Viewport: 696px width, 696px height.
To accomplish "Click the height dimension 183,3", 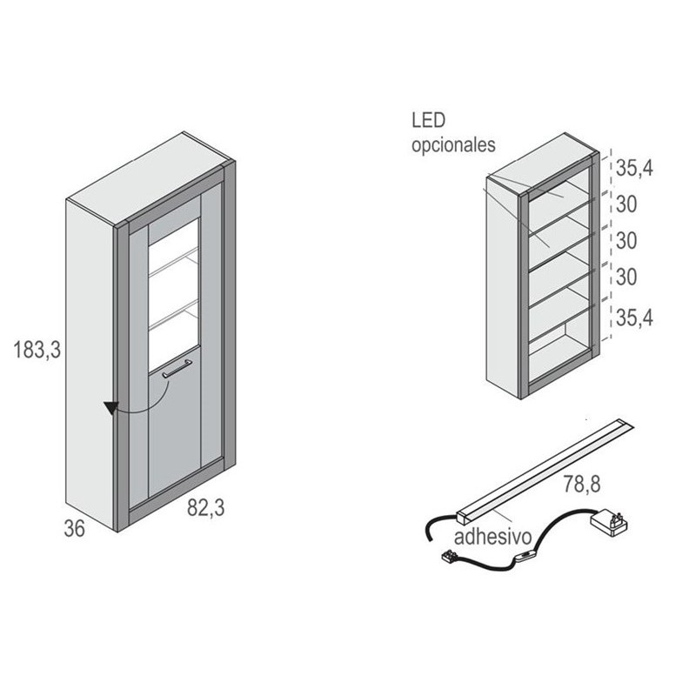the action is [37, 350].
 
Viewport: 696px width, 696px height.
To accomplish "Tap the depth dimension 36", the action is [75, 528].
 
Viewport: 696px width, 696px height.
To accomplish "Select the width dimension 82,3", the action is [206, 507].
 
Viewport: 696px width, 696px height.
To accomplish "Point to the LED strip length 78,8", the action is [582, 484].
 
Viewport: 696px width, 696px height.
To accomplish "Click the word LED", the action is [428, 120].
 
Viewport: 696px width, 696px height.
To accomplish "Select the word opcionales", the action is [453, 144].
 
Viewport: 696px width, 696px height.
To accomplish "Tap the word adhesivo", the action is [492, 536].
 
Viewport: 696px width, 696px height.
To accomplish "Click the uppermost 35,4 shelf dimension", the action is [635, 168].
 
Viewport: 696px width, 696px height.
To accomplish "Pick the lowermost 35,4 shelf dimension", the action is [635, 318].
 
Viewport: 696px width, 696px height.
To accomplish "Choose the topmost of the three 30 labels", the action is [626, 204].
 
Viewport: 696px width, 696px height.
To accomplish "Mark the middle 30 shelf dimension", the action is [626, 241].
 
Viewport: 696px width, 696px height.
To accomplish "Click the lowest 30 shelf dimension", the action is [626, 277].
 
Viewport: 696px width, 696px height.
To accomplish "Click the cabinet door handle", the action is [177, 368].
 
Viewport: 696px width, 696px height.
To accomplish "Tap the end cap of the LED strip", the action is [462, 518].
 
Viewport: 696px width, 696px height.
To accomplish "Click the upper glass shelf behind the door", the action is [173, 264].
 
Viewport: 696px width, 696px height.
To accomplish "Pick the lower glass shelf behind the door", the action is [173, 315].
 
